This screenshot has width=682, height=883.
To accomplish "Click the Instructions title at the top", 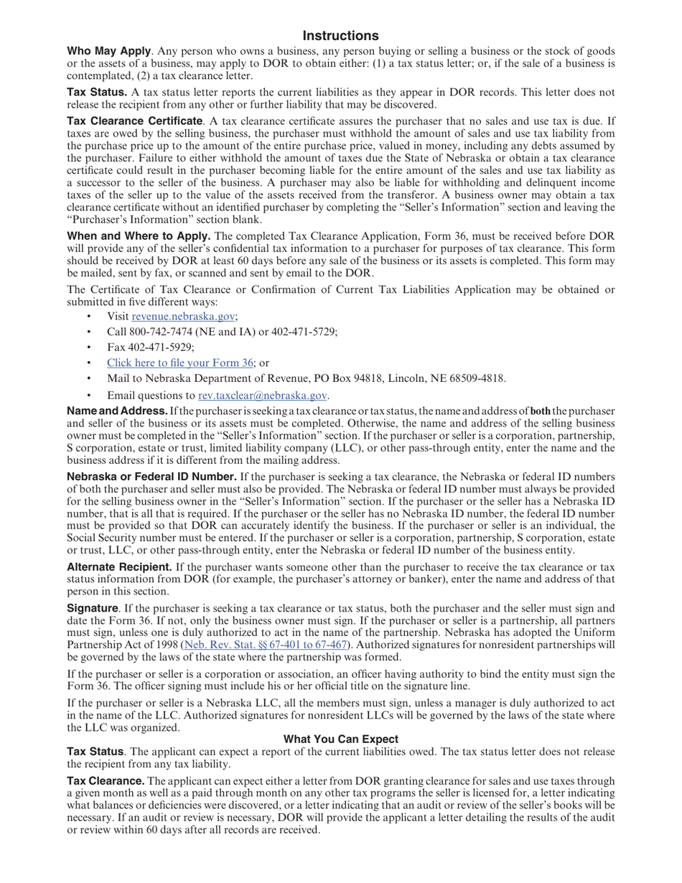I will (x=340, y=36).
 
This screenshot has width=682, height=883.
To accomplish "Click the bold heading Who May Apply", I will (x=108, y=52).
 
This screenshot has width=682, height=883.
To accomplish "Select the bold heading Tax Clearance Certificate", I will (x=134, y=121).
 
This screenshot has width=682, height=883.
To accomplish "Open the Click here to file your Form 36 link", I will (x=180, y=363).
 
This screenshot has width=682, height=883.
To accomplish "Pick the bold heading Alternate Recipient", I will (x=119, y=567).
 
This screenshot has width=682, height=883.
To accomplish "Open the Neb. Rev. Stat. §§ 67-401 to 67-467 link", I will (x=266, y=645).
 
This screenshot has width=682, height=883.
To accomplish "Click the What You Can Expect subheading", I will (x=340, y=739).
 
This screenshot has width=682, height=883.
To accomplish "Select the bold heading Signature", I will (x=93, y=608).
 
